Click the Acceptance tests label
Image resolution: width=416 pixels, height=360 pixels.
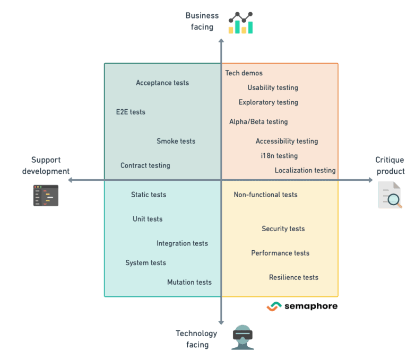[162, 83]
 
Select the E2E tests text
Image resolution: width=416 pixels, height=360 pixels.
[131, 112]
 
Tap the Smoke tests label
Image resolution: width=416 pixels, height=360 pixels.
[176, 141]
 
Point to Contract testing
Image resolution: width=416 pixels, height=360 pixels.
[145, 165]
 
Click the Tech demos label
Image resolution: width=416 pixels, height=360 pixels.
[244, 73]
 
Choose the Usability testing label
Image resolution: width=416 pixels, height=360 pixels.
[273, 87]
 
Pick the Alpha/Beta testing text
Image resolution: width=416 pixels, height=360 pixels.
[258, 121]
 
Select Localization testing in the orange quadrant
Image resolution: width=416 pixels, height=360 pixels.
[305, 170]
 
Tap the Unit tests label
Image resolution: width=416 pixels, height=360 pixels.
[148, 219]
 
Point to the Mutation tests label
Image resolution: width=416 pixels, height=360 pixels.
[189, 282]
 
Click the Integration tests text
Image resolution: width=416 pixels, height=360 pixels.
[182, 243]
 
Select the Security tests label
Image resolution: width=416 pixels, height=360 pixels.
[283, 229]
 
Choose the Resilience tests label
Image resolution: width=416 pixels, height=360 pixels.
[293, 277]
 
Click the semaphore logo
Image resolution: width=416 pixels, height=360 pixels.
[302, 306]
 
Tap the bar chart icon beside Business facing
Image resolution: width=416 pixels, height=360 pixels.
[241, 24]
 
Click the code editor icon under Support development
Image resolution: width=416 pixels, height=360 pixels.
[46, 196]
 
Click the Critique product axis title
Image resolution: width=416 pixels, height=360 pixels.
[390, 165]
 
